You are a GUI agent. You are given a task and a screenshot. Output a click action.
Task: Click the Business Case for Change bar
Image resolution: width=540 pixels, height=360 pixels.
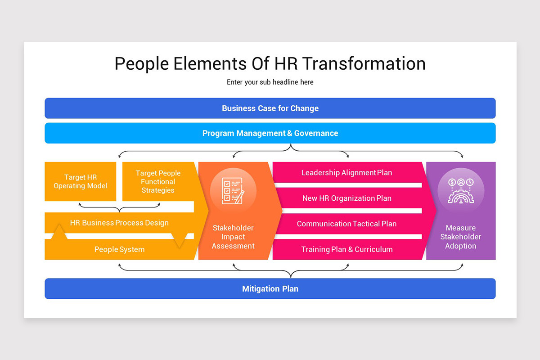[270, 108]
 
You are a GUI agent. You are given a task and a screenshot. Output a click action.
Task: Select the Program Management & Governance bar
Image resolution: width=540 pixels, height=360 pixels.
[270, 133]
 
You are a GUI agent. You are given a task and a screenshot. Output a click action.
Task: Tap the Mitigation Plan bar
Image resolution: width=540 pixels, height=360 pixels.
[270, 289]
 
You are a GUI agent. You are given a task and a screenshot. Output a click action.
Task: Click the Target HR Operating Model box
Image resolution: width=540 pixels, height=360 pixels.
[81, 182]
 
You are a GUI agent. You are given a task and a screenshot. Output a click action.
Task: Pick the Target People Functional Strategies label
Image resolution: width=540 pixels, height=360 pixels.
[158, 182]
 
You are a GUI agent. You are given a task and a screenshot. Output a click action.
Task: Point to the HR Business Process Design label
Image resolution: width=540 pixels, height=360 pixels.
[119, 223]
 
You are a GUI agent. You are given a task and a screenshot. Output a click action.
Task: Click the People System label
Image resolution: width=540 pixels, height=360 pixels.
[119, 249]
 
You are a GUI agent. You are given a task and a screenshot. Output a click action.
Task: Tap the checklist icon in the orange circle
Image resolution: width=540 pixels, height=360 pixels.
[233, 190]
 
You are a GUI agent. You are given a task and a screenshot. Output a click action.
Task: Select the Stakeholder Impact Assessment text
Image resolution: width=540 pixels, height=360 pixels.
[233, 237]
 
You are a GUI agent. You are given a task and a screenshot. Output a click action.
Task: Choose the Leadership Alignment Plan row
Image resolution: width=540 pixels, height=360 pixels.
[346, 173]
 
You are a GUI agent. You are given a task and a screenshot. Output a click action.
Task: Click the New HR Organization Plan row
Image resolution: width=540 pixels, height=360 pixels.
[346, 198]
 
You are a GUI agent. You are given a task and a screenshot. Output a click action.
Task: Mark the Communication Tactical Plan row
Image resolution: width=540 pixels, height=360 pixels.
[346, 224]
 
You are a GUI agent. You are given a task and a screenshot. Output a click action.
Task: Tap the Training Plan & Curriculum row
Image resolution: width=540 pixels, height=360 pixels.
[346, 249]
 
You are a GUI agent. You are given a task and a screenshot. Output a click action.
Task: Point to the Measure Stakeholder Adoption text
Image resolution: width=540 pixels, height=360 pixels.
[461, 237]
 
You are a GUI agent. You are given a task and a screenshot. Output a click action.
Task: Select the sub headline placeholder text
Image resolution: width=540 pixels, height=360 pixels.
[270, 82]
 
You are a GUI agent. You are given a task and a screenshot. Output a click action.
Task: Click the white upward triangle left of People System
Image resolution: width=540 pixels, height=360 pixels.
[60, 233]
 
